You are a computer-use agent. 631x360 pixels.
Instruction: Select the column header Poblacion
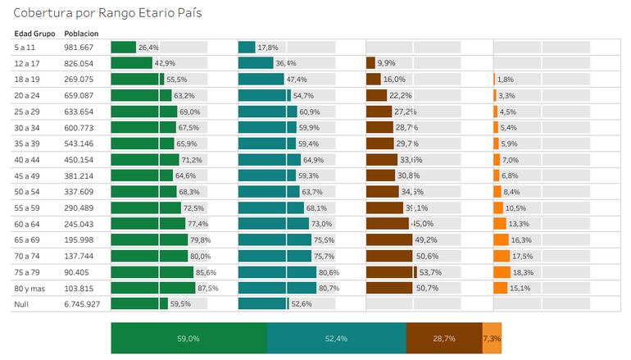point(81,34)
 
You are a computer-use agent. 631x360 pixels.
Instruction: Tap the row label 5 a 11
point(25,48)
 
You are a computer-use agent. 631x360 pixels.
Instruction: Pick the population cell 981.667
point(79,48)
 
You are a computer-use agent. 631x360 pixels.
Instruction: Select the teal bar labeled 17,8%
point(247,48)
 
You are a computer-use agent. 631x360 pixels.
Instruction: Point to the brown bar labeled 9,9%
point(370,63)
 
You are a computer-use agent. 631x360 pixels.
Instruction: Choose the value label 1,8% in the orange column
point(506,80)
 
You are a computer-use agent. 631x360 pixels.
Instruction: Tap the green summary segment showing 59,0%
point(188,338)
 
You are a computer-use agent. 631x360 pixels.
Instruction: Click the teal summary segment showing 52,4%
point(336,338)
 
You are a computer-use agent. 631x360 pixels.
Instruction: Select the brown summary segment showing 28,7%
point(443,338)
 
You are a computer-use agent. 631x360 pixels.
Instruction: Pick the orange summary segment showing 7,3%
point(491,338)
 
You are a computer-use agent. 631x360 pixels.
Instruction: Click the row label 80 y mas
point(30,289)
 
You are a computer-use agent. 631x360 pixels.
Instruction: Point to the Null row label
point(23,304)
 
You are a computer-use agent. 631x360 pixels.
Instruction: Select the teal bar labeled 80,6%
point(277,272)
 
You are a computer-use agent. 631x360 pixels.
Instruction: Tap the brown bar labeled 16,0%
point(374,80)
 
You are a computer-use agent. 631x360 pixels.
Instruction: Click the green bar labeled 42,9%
point(131,63)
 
